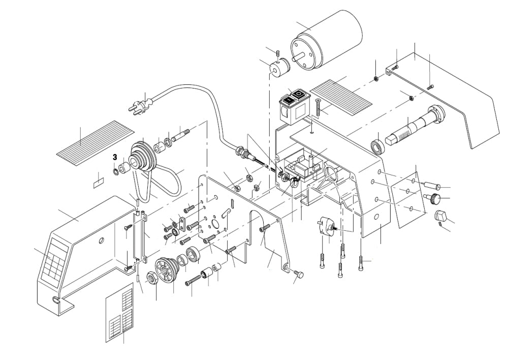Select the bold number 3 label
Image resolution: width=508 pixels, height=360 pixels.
coord(115,158)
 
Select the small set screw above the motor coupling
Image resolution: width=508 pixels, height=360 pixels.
coord(278,53)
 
